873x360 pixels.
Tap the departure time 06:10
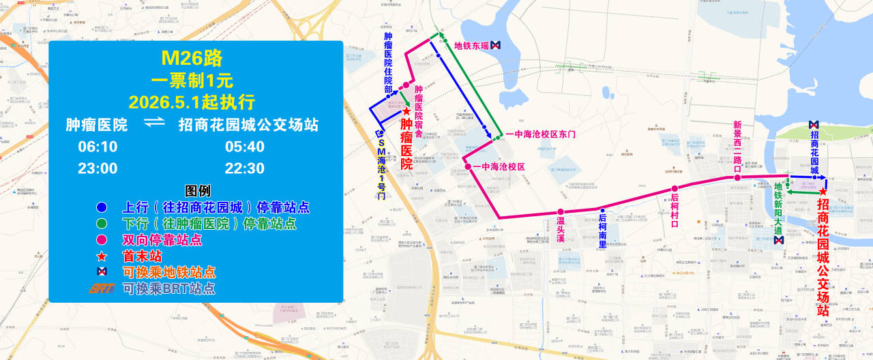point(98,147)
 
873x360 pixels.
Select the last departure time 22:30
point(244,168)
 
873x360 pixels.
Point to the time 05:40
point(244,147)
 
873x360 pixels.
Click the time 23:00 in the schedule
point(98,168)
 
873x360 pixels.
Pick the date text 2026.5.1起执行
point(192,102)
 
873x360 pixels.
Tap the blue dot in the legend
point(102,207)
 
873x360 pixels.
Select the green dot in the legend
point(102,223)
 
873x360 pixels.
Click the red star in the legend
point(102,256)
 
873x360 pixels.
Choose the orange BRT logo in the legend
point(102,288)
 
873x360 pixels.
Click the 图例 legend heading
point(198,190)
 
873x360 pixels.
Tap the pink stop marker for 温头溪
point(560,212)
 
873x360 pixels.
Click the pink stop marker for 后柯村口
point(674,189)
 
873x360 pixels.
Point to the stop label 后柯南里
point(602,229)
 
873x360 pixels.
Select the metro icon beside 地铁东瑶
point(496,45)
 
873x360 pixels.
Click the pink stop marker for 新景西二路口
point(737,178)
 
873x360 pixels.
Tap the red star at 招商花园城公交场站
point(823,192)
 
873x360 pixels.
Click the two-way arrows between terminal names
point(155,123)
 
